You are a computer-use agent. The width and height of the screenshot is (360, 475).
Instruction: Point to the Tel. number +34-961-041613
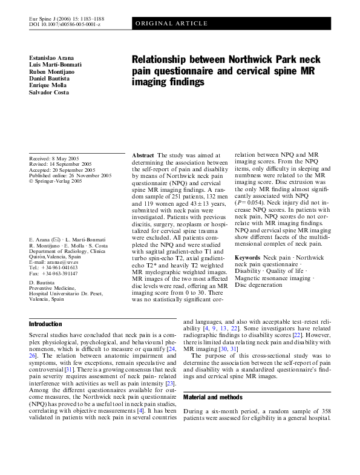point(59,267)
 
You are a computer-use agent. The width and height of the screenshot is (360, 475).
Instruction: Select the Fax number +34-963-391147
point(59,273)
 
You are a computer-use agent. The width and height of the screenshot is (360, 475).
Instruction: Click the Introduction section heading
point(45,324)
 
